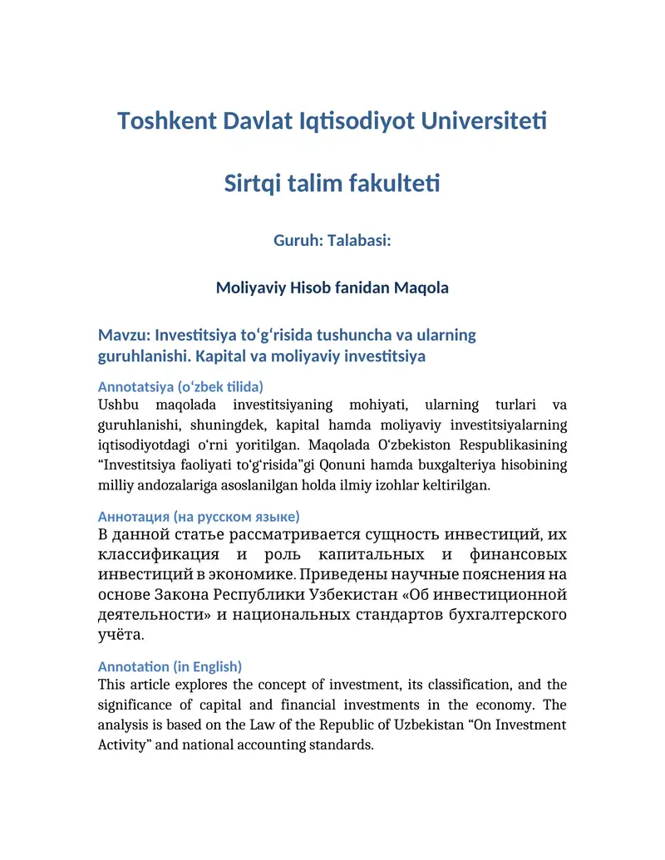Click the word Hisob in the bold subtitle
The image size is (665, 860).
313,288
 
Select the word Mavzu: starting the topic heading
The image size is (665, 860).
124,336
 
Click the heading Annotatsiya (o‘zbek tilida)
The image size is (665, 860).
180,387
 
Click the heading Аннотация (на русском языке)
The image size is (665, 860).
199,516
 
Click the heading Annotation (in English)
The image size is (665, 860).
170,666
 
